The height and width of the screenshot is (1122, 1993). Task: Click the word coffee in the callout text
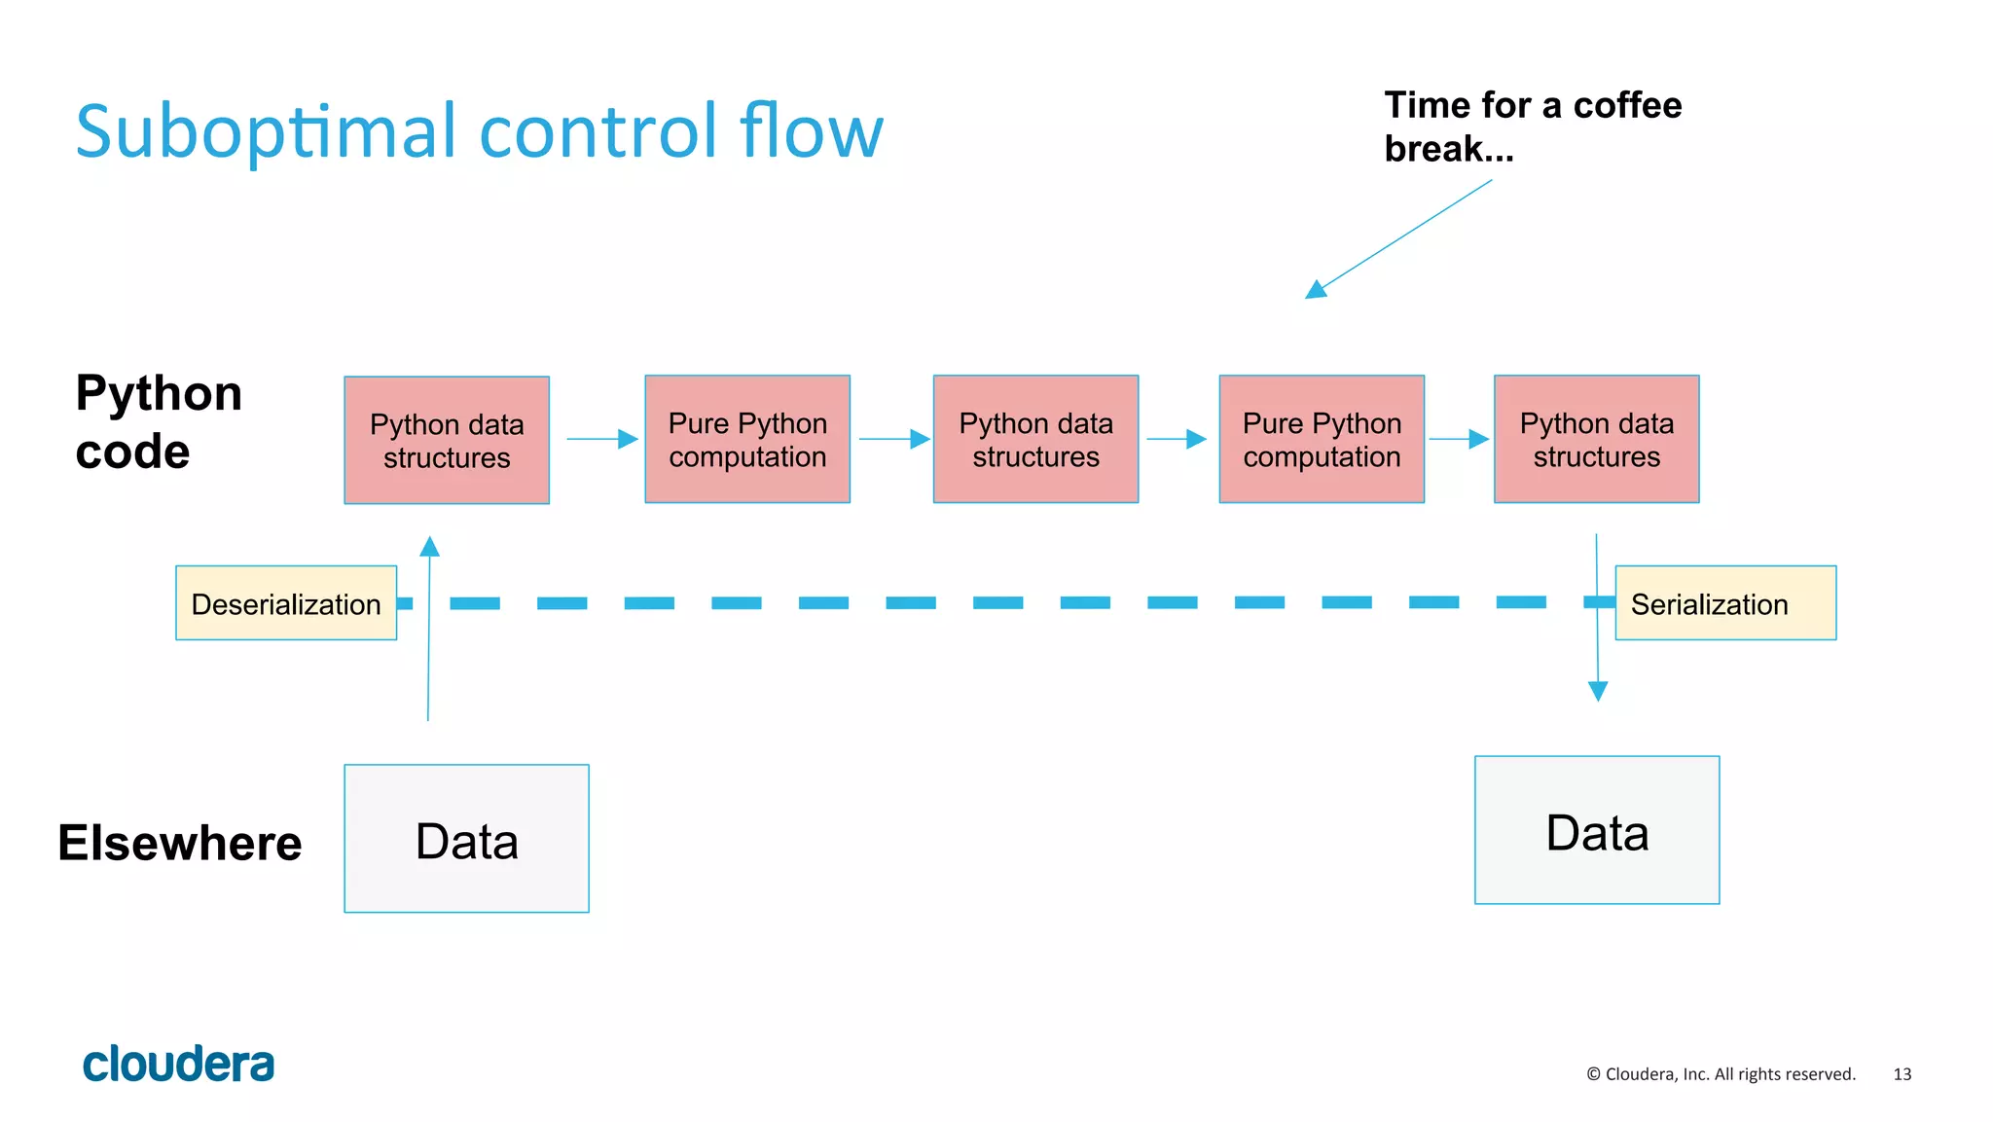pyautogui.click(x=1627, y=105)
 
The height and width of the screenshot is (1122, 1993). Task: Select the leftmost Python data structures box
pyautogui.click(x=447, y=440)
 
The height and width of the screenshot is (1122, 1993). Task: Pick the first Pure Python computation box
pyautogui.click(x=747, y=439)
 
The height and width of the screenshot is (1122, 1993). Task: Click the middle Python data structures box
pyautogui.click(x=1035, y=439)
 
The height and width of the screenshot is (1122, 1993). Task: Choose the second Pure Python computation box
pyautogui.click(x=1322, y=439)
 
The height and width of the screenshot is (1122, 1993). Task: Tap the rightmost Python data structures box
pyautogui.click(x=1596, y=439)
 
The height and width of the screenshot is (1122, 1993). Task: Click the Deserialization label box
pyautogui.click(x=286, y=603)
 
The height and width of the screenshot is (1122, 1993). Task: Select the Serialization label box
pyautogui.click(x=1724, y=603)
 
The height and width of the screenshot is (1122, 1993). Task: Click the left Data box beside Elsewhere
pyautogui.click(x=466, y=839)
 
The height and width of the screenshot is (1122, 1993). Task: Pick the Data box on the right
pyautogui.click(x=1596, y=830)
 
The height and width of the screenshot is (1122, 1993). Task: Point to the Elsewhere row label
pyautogui.click(x=180, y=843)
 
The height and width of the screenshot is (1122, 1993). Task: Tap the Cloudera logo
pyautogui.click(x=178, y=1064)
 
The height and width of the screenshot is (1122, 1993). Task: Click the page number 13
pyautogui.click(x=1902, y=1074)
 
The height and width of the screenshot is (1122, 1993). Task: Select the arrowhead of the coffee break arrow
pyautogui.click(x=1316, y=289)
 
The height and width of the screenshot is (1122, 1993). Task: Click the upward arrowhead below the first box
pyautogui.click(x=429, y=546)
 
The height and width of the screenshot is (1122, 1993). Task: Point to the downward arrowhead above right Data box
pyautogui.click(x=1598, y=691)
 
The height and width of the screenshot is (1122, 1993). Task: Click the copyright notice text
pyautogui.click(x=1721, y=1074)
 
